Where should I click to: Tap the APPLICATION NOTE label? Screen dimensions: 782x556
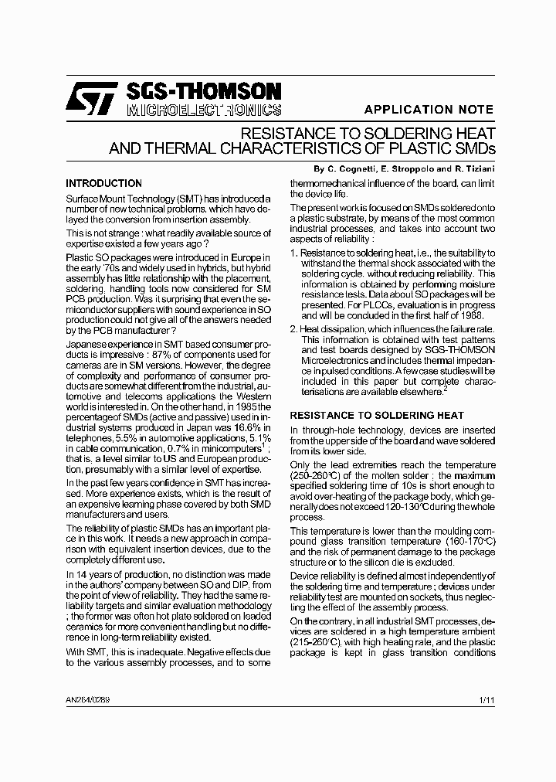(429, 110)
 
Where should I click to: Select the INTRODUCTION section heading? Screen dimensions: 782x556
(103, 184)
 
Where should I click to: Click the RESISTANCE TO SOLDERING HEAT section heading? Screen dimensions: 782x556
(377, 415)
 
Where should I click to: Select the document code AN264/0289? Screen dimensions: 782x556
(87, 699)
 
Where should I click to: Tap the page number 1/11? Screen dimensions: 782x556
(486, 699)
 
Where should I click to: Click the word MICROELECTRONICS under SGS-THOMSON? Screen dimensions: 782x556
(203, 110)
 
